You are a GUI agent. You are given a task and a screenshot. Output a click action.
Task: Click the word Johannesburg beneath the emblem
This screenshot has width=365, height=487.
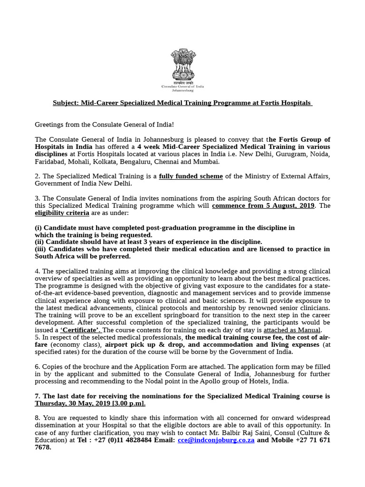click(182, 90)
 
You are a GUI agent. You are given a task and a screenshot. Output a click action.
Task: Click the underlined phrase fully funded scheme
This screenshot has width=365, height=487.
click(191, 176)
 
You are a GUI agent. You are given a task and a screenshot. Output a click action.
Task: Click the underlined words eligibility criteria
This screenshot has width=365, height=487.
click(62, 213)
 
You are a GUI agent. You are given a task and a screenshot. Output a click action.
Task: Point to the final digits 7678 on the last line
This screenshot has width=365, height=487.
click(43, 448)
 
